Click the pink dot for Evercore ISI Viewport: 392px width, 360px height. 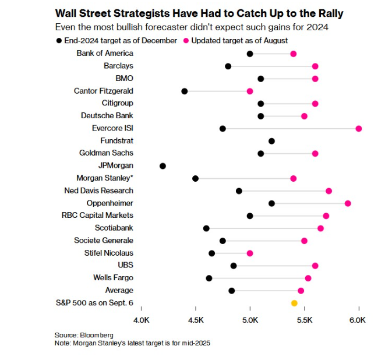click(359, 128)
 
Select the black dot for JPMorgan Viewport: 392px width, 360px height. click(163, 166)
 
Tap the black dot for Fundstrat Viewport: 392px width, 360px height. click(271, 141)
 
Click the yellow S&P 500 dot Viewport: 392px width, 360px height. click(294, 303)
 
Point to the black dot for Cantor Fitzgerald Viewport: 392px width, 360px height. click(185, 91)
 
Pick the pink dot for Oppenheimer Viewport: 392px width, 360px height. click(348, 203)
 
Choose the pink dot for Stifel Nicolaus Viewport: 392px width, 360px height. click(250, 253)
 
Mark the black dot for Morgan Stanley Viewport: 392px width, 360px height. click(195, 178)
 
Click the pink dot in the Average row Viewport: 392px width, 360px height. click(301, 291)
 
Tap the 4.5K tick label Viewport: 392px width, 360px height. click(196, 320)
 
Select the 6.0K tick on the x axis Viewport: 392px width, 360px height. click(358, 320)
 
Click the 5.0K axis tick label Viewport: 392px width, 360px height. click(250, 320)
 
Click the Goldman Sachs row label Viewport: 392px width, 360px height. click(106, 153)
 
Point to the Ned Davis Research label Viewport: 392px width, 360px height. click(98, 190)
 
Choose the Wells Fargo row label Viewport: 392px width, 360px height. click(113, 278)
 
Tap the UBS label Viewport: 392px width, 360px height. click(125, 265)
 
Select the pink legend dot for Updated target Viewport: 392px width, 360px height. click(187, 40)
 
